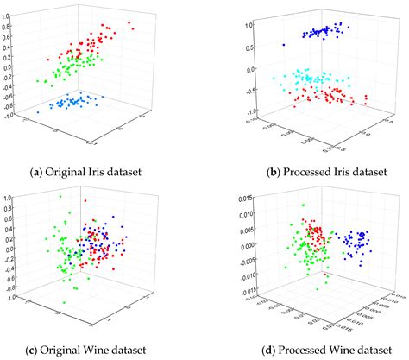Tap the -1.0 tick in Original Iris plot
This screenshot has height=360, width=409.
pyautogui.click(x=7, y=116)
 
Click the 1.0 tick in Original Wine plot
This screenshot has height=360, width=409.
pyautogui.click(x=7, y=197)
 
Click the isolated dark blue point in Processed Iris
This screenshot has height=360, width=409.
pyautogui.click(x=282, y=44)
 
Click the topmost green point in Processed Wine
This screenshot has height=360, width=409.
pyautogui.click(x=303, y=205)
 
